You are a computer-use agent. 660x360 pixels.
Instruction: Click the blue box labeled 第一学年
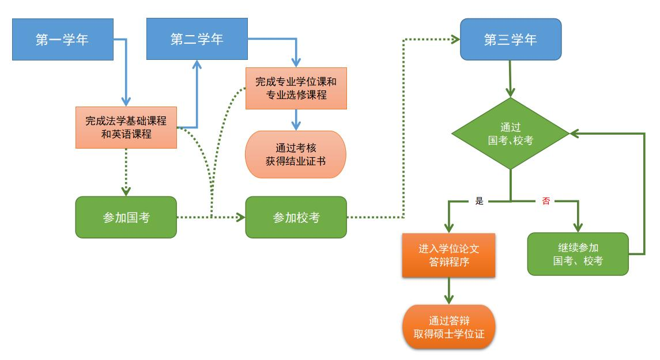[x=63, y=40]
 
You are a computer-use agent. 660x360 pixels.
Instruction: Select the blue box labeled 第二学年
[x=197, y=39]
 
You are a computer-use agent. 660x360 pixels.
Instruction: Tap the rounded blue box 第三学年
[x=511, y=40]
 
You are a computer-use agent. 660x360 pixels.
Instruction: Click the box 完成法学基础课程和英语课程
[x=126, y=127]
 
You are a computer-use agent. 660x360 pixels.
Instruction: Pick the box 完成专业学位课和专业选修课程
[x=296, y=88]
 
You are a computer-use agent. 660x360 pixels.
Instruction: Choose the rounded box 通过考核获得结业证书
[x=296, y=154]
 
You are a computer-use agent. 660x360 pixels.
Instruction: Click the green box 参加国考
[x=126, y=217]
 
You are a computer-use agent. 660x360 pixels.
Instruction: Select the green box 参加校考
[x=296, y=217]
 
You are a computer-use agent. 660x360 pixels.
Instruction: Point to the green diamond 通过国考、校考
[x=511, y=134]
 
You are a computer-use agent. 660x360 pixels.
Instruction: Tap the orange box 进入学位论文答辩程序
[x=448, y=255]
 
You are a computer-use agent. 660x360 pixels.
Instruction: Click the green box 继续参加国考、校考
[x=578, y=254]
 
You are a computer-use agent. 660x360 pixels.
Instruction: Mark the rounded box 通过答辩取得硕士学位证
[x=448, y=327]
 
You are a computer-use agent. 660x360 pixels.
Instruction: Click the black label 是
[x=480, y=201]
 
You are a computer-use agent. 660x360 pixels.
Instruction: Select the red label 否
[x=546, y=201]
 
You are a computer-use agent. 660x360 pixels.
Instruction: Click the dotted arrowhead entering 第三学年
[x=455, y=40]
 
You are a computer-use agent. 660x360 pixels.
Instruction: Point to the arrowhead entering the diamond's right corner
[x=575, y=134]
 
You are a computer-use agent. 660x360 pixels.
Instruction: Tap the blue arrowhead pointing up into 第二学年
[x=197, y=65]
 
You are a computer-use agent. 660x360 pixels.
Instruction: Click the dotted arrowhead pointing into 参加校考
[x=241, y=217]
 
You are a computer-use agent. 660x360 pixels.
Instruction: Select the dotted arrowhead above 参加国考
[x=126, y=192]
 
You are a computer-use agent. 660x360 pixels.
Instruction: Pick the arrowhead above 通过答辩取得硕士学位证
[x=448, y=300]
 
